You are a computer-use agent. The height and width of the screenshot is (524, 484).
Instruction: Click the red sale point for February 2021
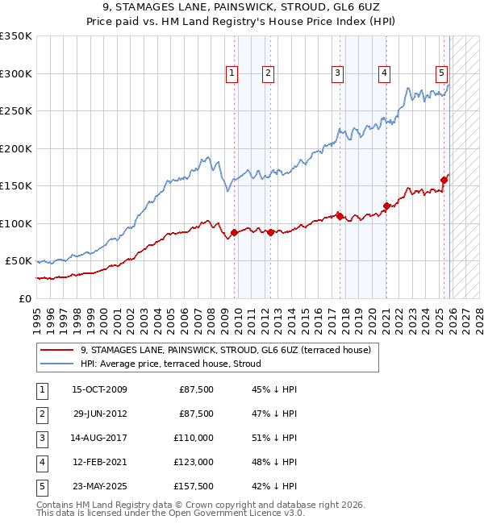tap(386, 206)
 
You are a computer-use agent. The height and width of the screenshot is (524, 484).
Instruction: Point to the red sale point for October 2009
tap(234, 233)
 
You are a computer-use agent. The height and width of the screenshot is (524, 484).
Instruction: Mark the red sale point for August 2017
tap(340, 216)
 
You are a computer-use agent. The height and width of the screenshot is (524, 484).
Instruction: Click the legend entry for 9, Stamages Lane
tap(225, 350)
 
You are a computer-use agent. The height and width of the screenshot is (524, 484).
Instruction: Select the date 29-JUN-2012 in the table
tap(99, 414)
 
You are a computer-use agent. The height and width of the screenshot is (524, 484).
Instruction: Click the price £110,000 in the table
tap(194, 438)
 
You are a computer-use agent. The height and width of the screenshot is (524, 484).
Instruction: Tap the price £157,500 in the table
tap(194, 486)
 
